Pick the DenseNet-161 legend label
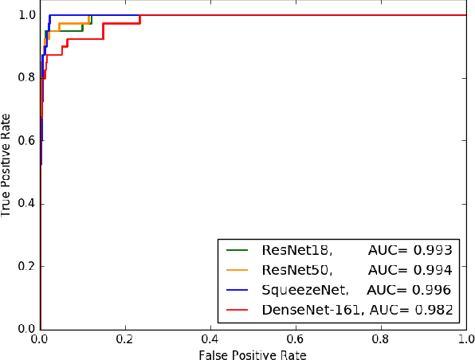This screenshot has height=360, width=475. click(x=311, y=310)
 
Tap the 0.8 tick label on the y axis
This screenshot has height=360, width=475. click(x=26, y=78)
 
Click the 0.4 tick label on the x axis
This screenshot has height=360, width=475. click(x=210, y=338)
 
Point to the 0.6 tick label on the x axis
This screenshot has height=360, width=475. click(x=296, y=338)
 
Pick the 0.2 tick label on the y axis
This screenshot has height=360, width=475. click(x=26, y=266)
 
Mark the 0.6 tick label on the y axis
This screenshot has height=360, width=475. click(x=26, y=141)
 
